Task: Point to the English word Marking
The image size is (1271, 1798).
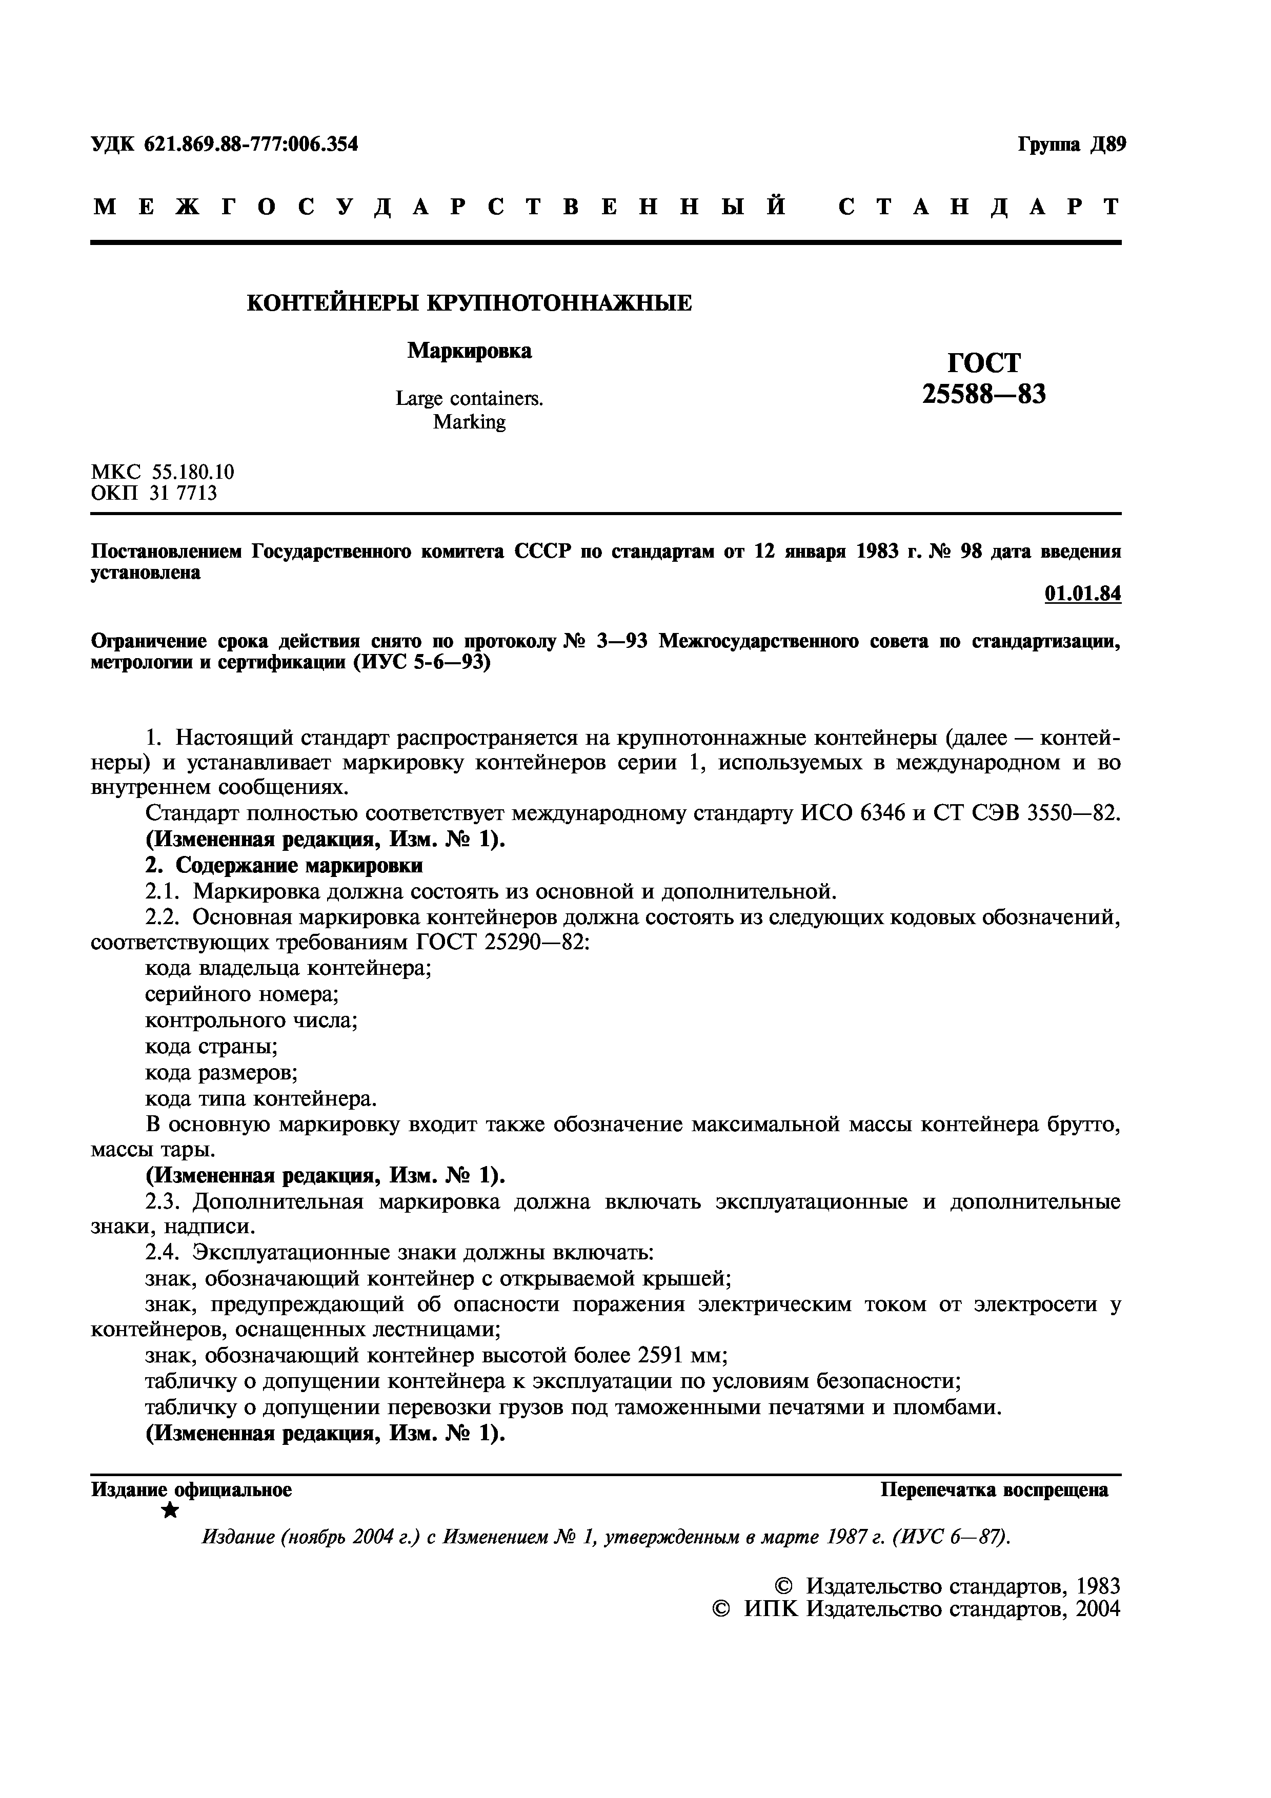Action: click(x=469, y=422)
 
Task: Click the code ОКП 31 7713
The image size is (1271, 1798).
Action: click(x=154, y=494)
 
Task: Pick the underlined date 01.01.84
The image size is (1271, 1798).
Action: click(x=1082, y=595)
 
